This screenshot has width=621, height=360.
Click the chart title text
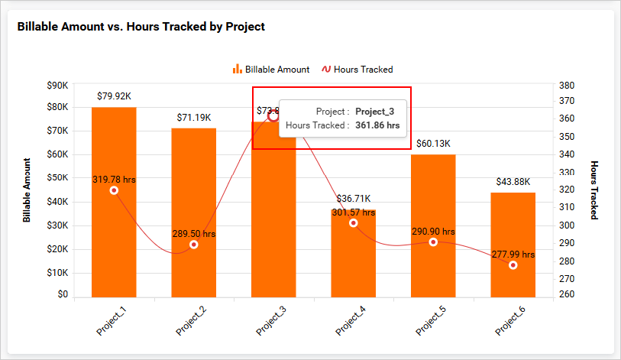coord(141,26)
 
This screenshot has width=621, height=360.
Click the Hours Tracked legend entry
coord(357,70)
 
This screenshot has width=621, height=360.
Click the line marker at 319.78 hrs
coord(114,190)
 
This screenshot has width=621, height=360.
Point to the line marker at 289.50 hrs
coord(194,245)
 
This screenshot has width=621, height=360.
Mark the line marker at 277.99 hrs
coord(513,265)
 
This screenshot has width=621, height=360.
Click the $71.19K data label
coord(194,118)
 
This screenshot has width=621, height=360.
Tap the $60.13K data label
coord(433,144)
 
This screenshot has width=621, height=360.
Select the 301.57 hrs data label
coord(353,212)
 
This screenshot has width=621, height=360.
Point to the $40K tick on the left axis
coord(57,202)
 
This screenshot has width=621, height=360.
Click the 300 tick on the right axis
coord(566,225)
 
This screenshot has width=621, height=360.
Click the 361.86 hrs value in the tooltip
coord(377,125)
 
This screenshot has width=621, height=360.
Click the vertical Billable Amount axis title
coord(27,190)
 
